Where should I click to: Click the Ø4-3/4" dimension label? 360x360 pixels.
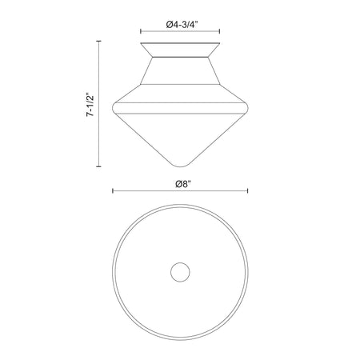coord(182,25)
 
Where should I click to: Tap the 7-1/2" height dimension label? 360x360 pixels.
coord(90,104)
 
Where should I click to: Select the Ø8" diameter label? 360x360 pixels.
coord(183,184)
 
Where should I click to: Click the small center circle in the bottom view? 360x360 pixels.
coord(180,272)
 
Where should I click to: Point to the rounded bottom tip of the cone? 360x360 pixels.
coord(180,166)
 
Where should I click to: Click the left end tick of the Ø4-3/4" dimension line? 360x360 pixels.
coord(141,31)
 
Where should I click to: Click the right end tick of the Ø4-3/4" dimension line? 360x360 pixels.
coord(219,31)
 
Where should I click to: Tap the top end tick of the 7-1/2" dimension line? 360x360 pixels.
coord(99,41)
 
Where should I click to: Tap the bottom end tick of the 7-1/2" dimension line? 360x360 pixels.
coord(99,166)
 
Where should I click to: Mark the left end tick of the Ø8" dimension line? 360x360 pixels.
coord(113,190)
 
